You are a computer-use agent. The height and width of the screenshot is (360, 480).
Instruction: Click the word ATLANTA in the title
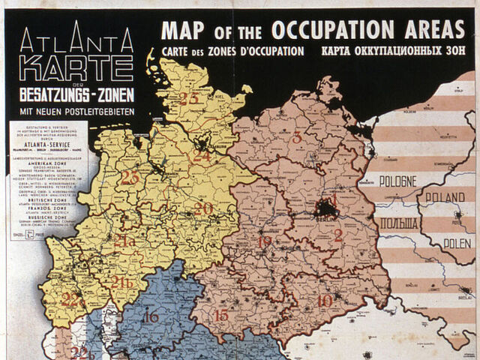click(76, 40)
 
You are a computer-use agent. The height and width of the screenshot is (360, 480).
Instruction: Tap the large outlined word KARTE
click(76, 69)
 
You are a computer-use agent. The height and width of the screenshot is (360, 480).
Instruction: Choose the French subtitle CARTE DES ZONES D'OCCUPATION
click(232, 52)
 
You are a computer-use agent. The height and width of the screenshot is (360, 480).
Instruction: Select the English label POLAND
click(445, 196)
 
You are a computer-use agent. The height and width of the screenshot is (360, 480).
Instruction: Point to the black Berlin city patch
click(327, 208)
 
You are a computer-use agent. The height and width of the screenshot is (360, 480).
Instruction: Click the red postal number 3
click(297, 137)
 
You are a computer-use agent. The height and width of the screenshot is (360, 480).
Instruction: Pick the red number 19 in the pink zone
click(264, 241)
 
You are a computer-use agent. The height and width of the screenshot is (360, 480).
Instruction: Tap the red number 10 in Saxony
click(324, 301)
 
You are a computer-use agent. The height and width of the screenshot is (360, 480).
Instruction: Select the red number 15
click(221, 315)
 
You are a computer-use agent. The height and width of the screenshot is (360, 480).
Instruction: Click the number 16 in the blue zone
click(151, 316)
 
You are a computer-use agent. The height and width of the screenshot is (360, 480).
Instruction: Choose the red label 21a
click(124, 241)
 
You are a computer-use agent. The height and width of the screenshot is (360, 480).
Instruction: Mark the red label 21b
click(121, 283)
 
